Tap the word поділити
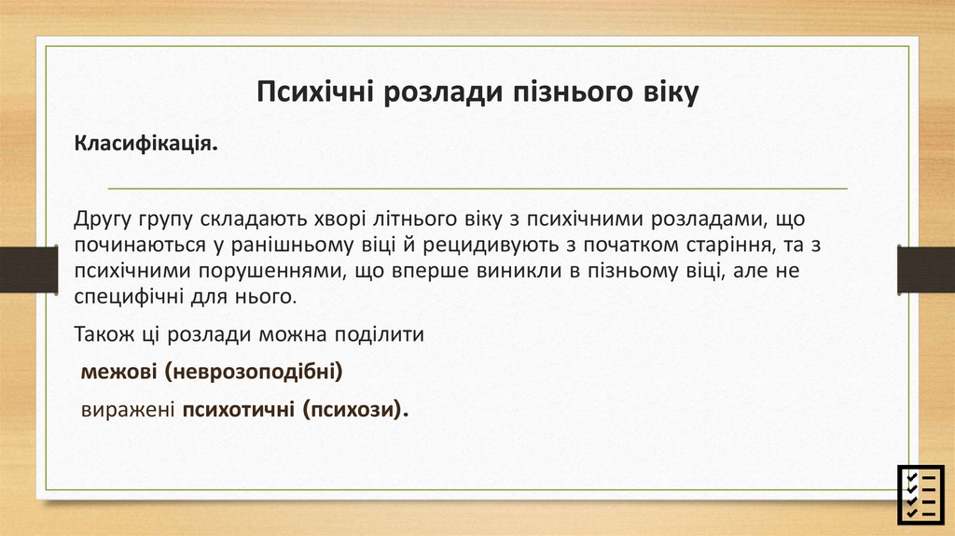coord(382,334)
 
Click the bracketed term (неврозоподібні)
coord(256,373)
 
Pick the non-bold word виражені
coord(129,411)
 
